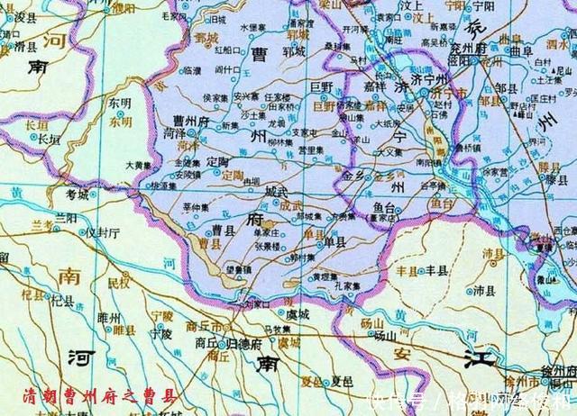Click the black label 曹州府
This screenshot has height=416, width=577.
[191, 119]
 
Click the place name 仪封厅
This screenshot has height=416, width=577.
[102, 231]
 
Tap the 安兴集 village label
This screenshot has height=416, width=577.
[247, 95]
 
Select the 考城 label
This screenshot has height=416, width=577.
[78, 194]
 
